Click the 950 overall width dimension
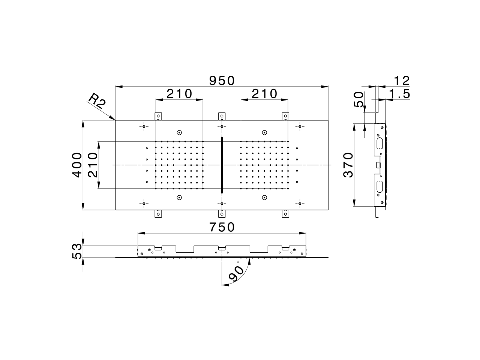(x=222, y=80)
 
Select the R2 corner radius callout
(x=96, y=101)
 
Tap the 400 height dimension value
(x=77, y=165)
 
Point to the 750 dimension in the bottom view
(x=222, y=227)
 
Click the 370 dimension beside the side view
(x=348, y=165)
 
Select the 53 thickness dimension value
(x=77, y=251)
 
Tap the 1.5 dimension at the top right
(x=400, y=94)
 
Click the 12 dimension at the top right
(x=402, y=80)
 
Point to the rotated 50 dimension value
(x=359, y=100)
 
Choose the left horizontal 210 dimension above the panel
(x=179, y=93)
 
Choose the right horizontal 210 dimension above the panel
(x=264, y=93)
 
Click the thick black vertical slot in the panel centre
(x=222, y=165)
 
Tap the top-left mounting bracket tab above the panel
(x=158, y=116)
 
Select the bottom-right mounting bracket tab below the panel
(x=286, y=214)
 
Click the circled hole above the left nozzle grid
(x=179, y=132)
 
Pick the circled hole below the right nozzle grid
(x=264, y=197)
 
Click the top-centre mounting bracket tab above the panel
(x=222, y=116)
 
